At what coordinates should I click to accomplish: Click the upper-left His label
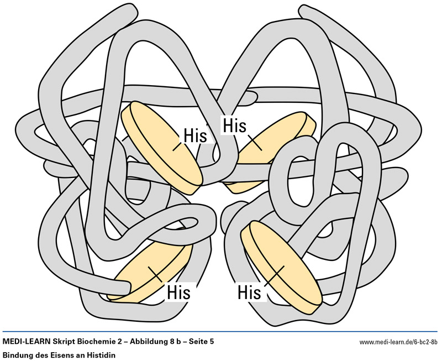(195, 135)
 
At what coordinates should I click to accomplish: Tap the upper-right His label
(234, 125)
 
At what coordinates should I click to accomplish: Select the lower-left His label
(178, 291)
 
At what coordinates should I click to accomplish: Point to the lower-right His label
(249, 291)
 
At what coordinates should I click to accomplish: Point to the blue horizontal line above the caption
(221, 332)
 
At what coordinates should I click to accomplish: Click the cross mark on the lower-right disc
(282, 268)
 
